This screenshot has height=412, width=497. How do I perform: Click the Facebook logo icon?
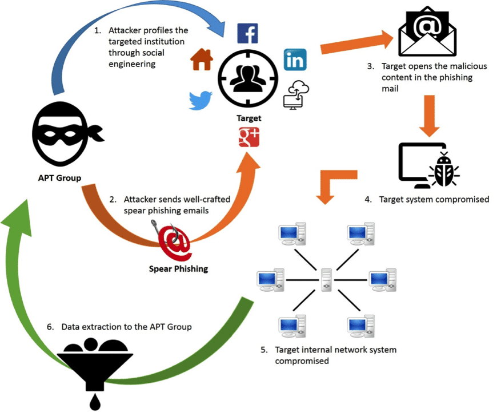click(x=247, y=33)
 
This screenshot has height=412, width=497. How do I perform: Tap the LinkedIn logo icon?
click(x=295, y=60)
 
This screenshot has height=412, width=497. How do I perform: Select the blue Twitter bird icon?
click(x=201, y=100)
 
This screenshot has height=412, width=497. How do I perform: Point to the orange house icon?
click(x=202, y=60)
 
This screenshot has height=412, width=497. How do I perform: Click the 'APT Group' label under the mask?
click(x=55, y=178)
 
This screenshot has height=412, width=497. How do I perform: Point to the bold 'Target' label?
click(x=248, y=118)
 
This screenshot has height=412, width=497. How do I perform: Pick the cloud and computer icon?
click(x=296, y=94)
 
